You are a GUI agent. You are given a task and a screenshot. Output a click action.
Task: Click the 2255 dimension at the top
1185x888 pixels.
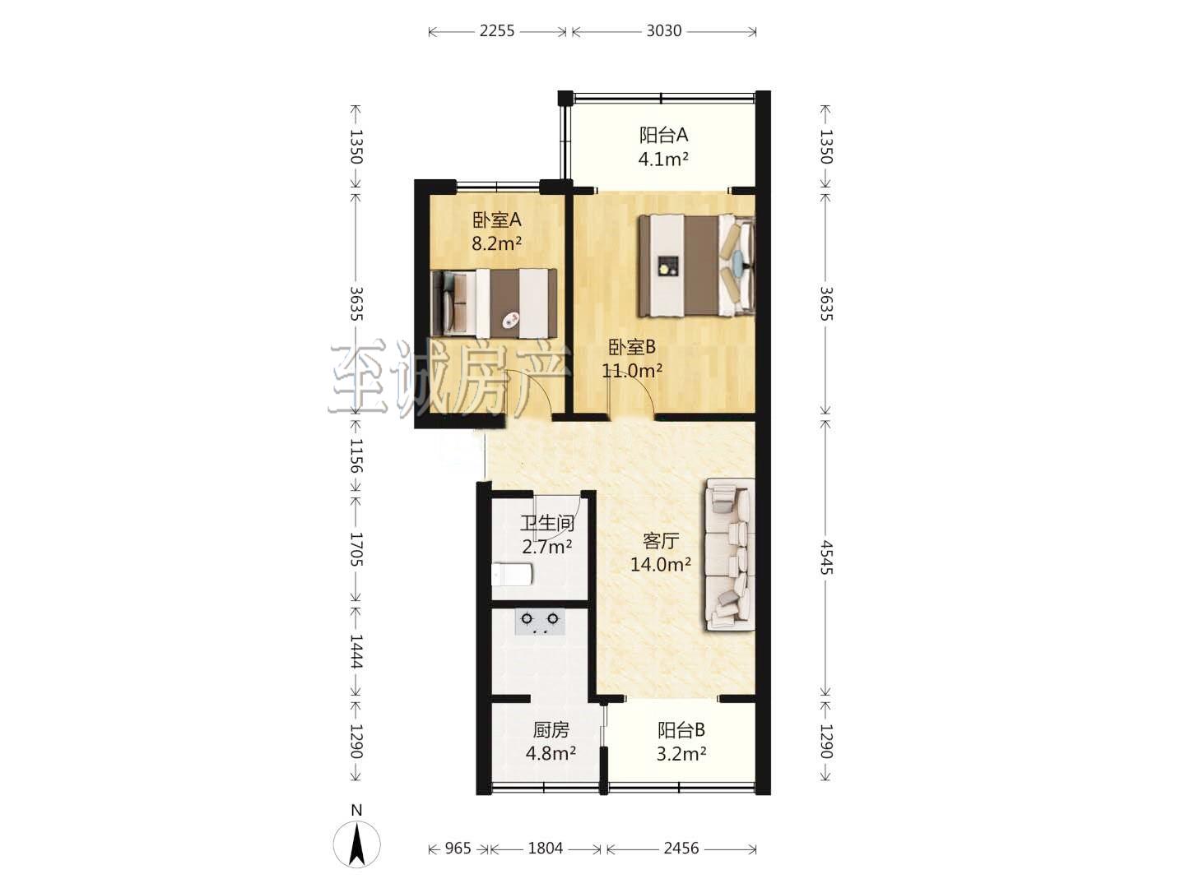(x=497, y=31)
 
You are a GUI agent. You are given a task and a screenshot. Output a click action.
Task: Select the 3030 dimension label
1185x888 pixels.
(x=664, y=31)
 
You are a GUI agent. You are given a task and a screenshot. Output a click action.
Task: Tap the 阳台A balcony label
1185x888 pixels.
(x=663, y=135)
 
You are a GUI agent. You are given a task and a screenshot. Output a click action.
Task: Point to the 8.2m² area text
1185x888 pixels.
(x=497, y=243)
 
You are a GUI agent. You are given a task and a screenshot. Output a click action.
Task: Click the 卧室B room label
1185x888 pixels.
(x=632, y=347)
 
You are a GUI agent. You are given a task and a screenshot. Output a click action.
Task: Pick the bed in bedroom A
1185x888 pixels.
(x=495, y=304)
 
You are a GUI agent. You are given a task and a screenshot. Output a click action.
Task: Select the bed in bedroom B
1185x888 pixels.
(x=696, y=266)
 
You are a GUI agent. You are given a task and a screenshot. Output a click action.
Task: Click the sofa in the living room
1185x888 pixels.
(x=729, y=554)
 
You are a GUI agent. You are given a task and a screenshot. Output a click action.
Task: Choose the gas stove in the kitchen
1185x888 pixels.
(x=539, y=622)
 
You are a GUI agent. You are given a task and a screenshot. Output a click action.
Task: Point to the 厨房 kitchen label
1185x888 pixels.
(x=551, y=730)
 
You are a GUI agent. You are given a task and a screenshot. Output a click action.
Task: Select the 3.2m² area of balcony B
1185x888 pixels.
(x=681, y=754)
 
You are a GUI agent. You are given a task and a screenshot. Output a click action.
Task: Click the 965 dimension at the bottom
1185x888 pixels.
(x=458, y=848)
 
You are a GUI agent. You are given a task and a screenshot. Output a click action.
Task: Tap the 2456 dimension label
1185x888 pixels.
(x=681, y=848)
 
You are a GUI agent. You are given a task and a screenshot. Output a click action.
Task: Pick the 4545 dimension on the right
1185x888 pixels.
(x=826, y=558)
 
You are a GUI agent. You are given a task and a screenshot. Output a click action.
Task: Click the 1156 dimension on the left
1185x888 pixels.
(x=356, y=455)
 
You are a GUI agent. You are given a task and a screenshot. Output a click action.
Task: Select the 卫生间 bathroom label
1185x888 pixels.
(x=547, y=523)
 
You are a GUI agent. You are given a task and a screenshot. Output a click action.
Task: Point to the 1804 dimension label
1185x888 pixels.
(x=546, y=848)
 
